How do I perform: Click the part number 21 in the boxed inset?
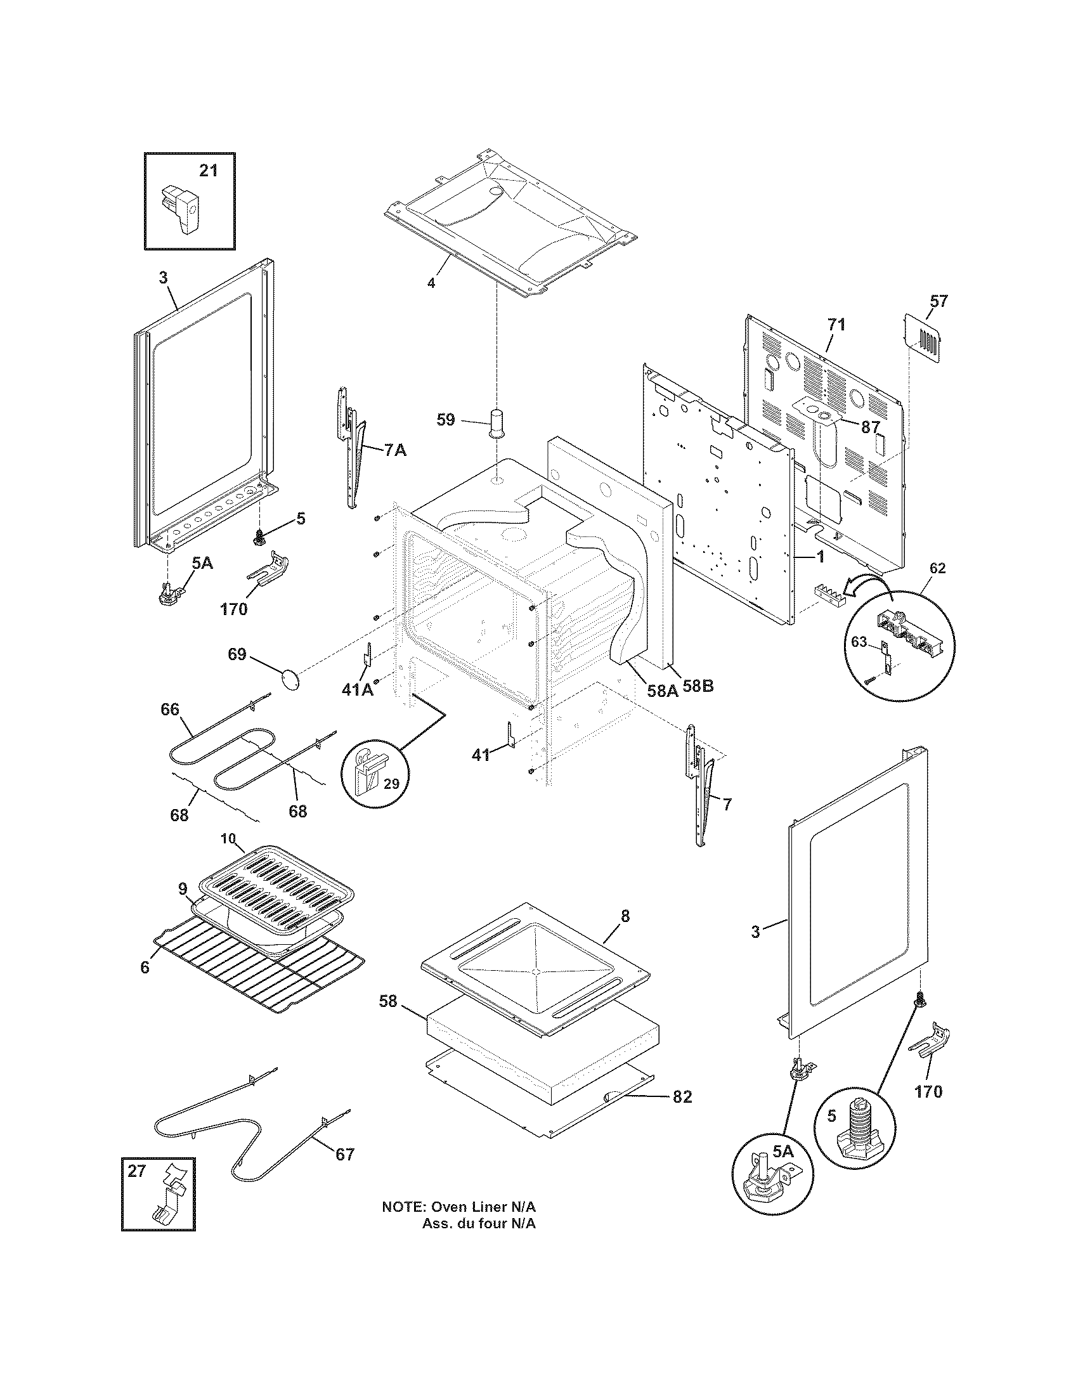(208, 171)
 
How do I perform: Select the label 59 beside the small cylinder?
(446, 420)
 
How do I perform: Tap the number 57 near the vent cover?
(938, 301)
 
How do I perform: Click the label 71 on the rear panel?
(836, 325)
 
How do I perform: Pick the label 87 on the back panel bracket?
(871, 427)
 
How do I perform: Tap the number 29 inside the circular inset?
(391, 783)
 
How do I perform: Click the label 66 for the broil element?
(170, 710)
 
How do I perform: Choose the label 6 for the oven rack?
(145, 968)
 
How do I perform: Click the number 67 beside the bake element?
(344, 1154)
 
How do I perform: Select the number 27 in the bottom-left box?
(136, 1171)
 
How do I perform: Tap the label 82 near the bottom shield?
(682, 1097)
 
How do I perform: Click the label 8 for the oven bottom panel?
(625, 917)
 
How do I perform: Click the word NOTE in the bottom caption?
(403, 1207)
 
